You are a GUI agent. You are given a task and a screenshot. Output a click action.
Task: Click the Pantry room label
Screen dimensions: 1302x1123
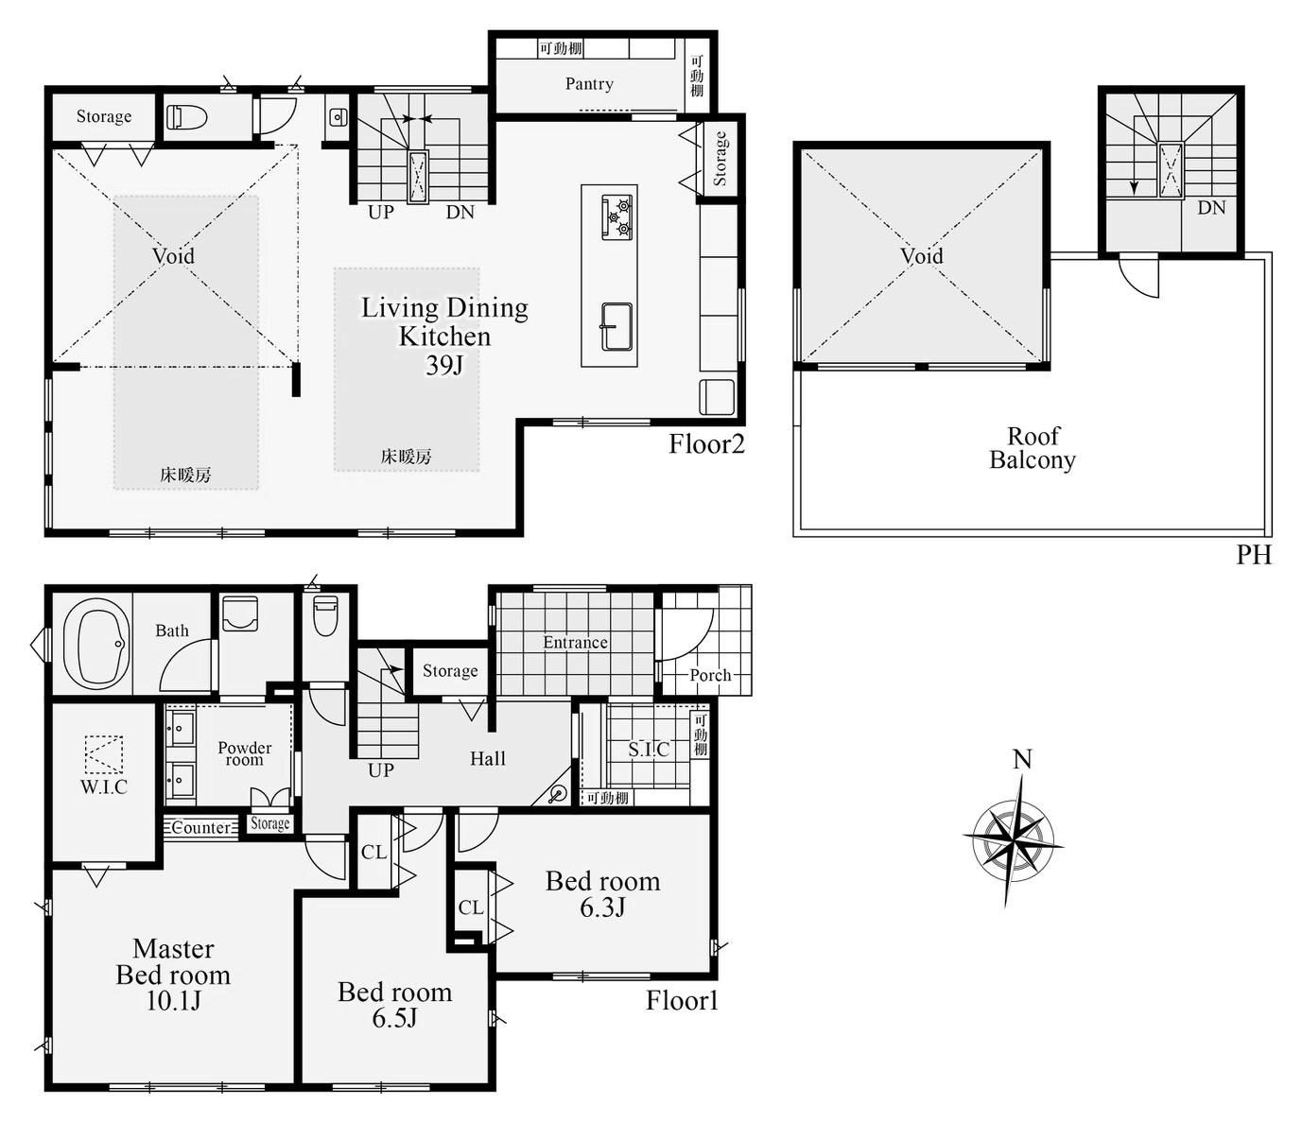coord(589,84)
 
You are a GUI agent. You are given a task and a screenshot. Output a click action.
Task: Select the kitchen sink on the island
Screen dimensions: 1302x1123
coord(616,327)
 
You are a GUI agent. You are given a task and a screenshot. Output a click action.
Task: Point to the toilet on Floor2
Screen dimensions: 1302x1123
coord(187,117)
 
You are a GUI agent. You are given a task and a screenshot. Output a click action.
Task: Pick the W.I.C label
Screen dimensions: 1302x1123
coord(104,786)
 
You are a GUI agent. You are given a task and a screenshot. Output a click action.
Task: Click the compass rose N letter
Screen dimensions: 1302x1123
coord(1022,759)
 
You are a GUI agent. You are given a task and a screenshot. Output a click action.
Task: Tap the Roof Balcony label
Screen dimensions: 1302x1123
coord(1032,448)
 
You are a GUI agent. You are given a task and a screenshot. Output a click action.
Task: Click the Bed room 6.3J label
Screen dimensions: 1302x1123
coord(603,893)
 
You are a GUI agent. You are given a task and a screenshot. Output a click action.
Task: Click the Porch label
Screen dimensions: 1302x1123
coord(710,675)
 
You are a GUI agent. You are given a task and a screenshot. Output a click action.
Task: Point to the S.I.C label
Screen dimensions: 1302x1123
coord(649,750)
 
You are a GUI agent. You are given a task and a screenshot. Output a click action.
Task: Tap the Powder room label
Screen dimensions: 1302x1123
coord(244,754)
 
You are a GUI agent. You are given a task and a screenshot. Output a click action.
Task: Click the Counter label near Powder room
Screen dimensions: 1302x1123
coord(201,828)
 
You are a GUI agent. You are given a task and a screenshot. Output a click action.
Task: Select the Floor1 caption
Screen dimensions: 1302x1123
coord(682,1000)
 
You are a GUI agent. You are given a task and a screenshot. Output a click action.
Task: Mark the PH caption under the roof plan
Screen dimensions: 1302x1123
coord(1254,555)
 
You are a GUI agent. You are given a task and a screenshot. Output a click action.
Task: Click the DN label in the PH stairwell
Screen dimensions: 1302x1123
coord(1211,207)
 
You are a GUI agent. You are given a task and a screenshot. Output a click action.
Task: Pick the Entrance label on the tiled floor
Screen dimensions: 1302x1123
coord(575,643)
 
